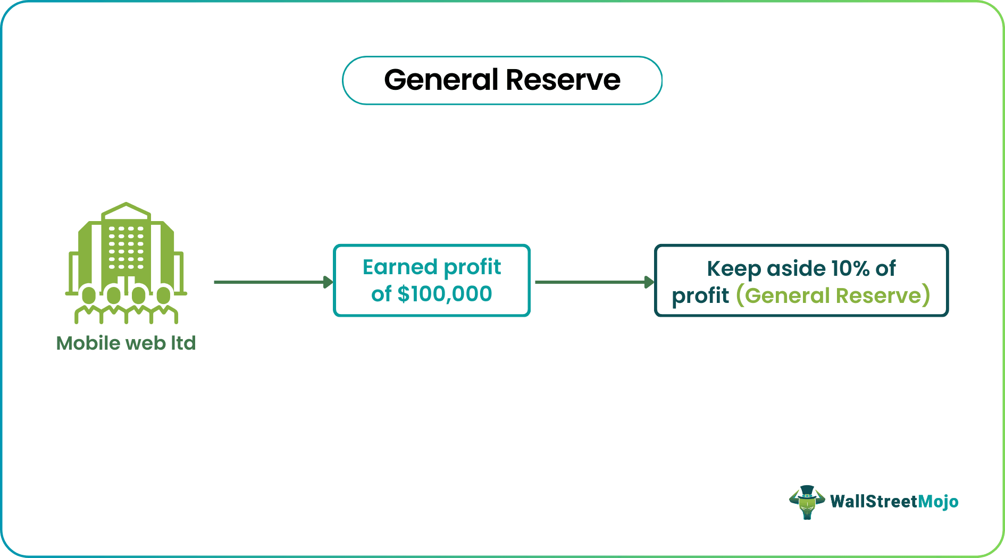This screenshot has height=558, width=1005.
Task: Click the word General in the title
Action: point(441,80)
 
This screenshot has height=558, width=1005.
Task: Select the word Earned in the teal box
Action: point(399,267)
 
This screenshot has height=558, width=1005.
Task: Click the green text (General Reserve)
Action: point(833,295)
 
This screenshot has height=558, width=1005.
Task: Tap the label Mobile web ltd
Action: point(126,343)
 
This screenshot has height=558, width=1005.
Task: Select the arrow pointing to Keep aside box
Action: point(593,282)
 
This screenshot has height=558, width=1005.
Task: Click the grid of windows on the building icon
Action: point(126,247)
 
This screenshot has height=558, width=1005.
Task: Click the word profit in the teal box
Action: point(472,267)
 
